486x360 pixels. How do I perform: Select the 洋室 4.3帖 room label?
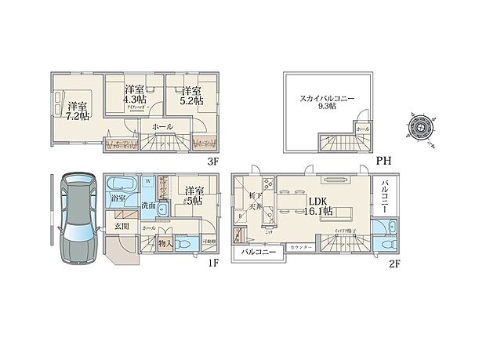point(134,95)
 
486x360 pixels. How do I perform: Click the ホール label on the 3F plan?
point(161,126)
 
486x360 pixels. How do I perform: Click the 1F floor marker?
point(213,264)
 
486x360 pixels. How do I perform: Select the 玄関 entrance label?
point(121,227)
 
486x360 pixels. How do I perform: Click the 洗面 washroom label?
point(148,205)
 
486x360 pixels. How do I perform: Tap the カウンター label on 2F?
point(301,248)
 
